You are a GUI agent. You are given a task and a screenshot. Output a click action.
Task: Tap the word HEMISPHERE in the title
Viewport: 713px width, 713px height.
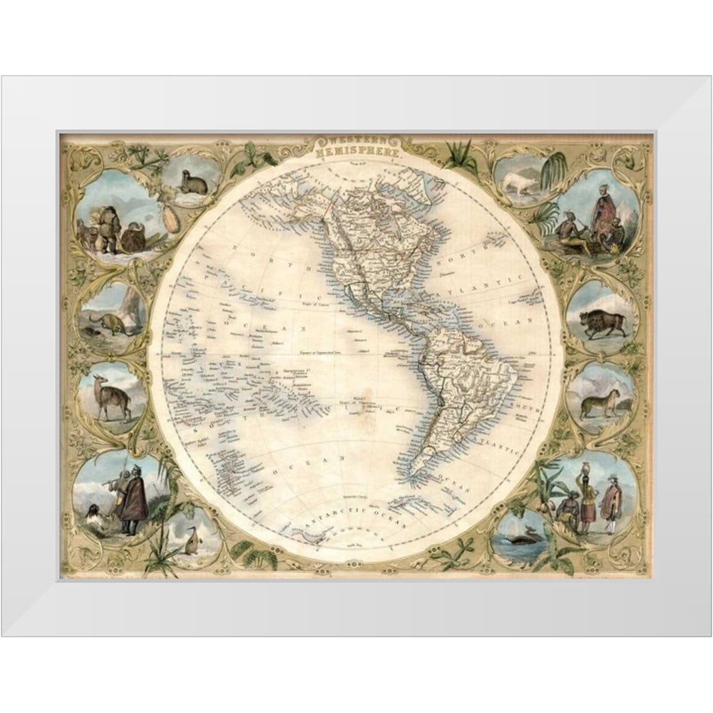(x=354, y=151)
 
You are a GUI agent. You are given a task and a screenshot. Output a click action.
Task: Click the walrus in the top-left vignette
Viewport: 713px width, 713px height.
(x=193, y=185)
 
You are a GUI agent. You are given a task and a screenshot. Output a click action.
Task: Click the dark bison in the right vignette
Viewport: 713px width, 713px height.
(x=601, y=323)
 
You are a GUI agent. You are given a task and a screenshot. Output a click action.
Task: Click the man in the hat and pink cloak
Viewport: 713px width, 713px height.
(x=610, y=500)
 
